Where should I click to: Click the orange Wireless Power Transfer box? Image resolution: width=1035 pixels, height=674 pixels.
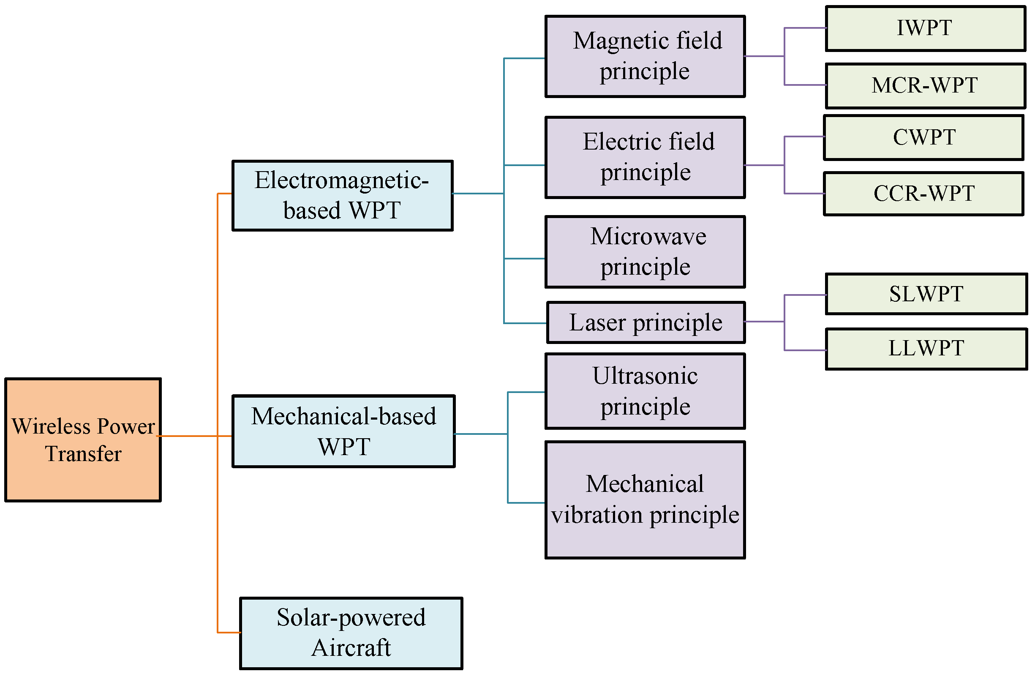tap(83, 440)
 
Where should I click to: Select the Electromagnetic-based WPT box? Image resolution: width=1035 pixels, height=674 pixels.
tap(343, 196)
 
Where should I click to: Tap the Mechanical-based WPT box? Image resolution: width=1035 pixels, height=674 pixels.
tap(343, 431)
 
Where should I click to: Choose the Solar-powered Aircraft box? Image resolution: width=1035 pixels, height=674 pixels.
tap(351, 633)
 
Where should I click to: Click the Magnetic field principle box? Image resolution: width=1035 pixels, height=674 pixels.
tap(646, 57)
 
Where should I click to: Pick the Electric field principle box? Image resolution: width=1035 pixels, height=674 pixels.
tap(646, 158)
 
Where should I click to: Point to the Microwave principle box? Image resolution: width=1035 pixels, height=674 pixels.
tap(646, 252)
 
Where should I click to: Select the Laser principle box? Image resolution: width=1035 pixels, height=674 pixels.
tap(646, 323)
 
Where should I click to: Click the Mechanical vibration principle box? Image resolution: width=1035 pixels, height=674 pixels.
tap(646, 500)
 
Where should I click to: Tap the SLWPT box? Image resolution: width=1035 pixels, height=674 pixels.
tap(927, 294)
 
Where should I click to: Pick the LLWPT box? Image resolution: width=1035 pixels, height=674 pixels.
tap(927, 349)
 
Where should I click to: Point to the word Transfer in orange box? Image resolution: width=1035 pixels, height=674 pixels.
tap(83, 454)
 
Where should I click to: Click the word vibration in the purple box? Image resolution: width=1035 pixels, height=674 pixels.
tap(597, 516)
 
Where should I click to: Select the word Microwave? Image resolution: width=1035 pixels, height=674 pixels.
tap(648, 237)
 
